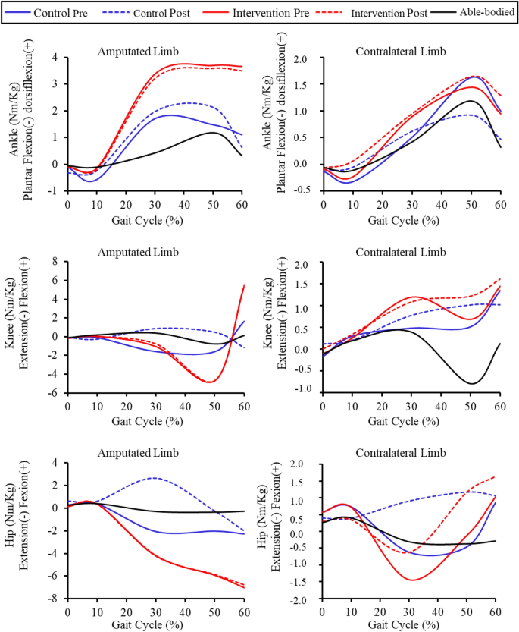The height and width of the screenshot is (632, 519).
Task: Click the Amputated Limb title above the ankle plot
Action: [139, 51]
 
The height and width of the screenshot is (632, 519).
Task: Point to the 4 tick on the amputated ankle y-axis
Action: [53, 57]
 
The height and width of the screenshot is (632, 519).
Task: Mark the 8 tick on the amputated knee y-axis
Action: [53, 262]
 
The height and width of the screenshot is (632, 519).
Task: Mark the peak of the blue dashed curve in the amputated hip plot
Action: [155, 478]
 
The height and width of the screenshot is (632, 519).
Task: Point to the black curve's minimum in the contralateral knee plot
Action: [471, 383]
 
